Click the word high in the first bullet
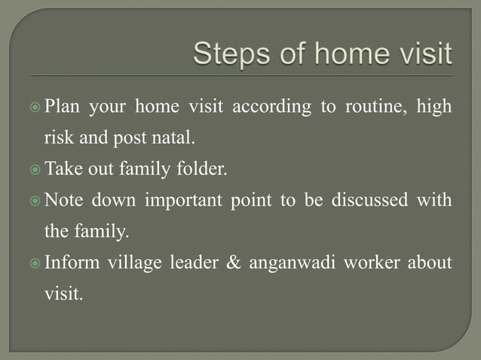[x=437, y=107]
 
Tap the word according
[x=271, y=107]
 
